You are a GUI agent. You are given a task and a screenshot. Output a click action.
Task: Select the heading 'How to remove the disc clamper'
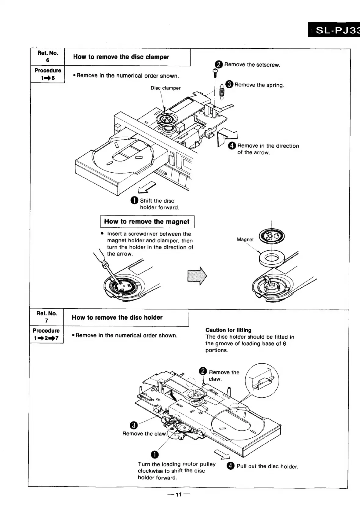click(x=121, y=57)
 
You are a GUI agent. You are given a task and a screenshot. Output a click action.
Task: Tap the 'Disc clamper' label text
click(x=165, y=88)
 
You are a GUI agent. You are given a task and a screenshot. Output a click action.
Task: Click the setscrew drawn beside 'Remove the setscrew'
click(x=215, y=72)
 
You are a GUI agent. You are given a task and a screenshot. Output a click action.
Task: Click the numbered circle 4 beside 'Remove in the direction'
click(x=232, y=146)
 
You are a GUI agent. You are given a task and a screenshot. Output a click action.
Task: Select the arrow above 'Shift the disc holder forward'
click(x=148, y=187)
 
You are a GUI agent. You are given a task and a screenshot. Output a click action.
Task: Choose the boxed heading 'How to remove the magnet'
click(x=147, y=222)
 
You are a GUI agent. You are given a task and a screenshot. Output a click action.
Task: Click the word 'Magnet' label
click(x=245, y=240)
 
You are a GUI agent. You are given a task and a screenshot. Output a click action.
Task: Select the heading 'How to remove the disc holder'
click(x=117, y=318)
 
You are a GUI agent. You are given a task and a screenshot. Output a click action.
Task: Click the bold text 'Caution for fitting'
click(x=228, y=330)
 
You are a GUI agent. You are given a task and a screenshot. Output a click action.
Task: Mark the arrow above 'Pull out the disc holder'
click(x=222, y=455)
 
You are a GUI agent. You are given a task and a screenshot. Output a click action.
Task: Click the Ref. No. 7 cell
click(x=46, y=317)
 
